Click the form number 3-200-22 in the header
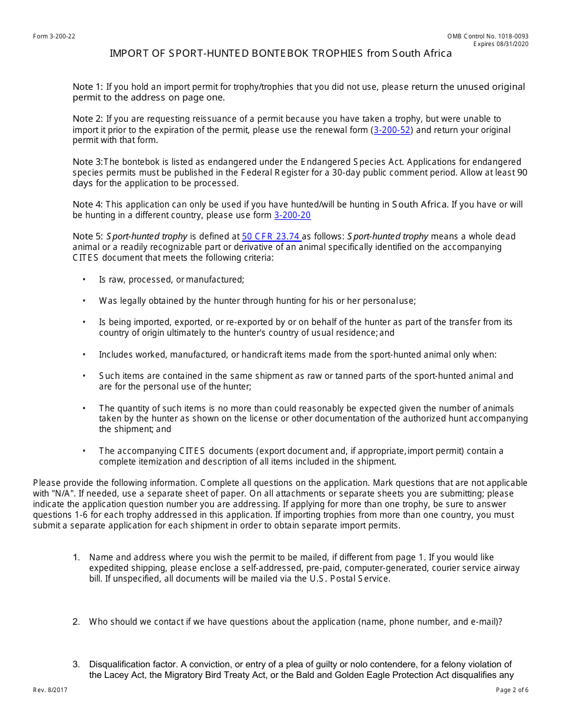54,36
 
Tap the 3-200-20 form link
292,216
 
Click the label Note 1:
88,87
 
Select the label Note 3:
88,162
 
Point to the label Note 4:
88,205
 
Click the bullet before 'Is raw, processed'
84,280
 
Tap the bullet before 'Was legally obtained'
84,301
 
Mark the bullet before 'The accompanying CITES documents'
84,451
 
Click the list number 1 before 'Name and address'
76,557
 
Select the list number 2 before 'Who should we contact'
76,622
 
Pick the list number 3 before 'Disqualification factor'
76,664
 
